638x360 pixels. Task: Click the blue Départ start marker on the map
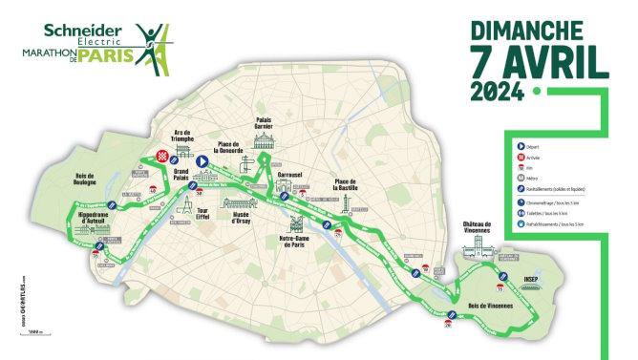pos(202,162)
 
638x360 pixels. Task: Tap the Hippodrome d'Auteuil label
pos(93,220)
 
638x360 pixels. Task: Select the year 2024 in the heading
pos(496,93)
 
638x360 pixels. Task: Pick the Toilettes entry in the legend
pos(544,215)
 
